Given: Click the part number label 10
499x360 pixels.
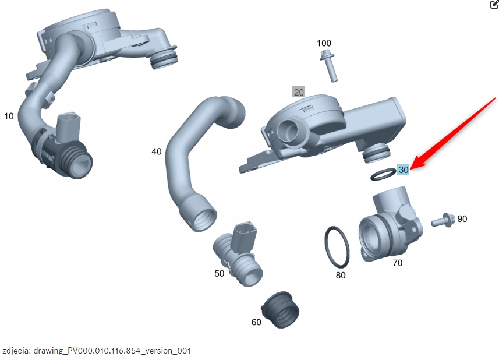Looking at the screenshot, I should (x=9, y=116).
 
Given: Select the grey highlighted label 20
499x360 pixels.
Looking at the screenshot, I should (x=299, y=92).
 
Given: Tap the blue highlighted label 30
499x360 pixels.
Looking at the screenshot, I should (x=403, y=170).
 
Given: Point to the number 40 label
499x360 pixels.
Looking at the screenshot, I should (x=157, y=151).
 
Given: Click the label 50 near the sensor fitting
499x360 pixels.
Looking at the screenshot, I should (x=219, y=273).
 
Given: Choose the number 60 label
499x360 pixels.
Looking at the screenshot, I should (x=256, y=322).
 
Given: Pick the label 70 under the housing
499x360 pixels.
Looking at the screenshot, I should (x=397, y=263).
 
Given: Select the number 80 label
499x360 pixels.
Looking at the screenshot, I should (x=341, y=275).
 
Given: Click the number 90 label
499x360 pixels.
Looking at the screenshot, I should (x=462, y=219).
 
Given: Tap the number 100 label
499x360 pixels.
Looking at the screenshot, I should (x=324, y=44).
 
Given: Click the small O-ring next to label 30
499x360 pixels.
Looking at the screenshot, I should (x=382, y=174).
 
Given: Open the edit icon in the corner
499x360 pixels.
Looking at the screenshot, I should (x=494, y=5).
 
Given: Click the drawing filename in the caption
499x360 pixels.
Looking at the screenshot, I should (x=112, y=351).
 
